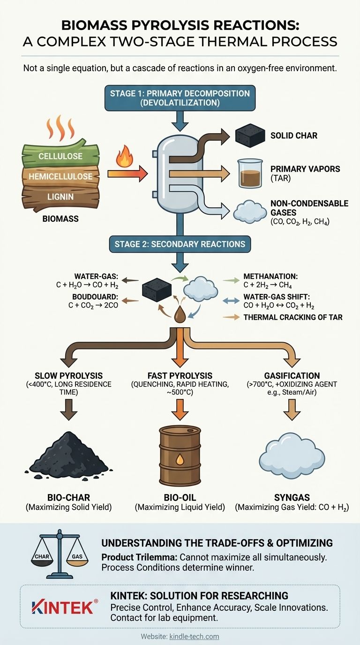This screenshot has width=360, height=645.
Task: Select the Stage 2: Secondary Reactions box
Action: click(x=180, y=244)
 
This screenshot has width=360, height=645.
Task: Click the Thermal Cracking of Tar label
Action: click(x=292, y=317)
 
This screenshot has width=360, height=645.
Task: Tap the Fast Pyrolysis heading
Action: click(x=180, y=375)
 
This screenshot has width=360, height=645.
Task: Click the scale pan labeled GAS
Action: click(x=77, y=556)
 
